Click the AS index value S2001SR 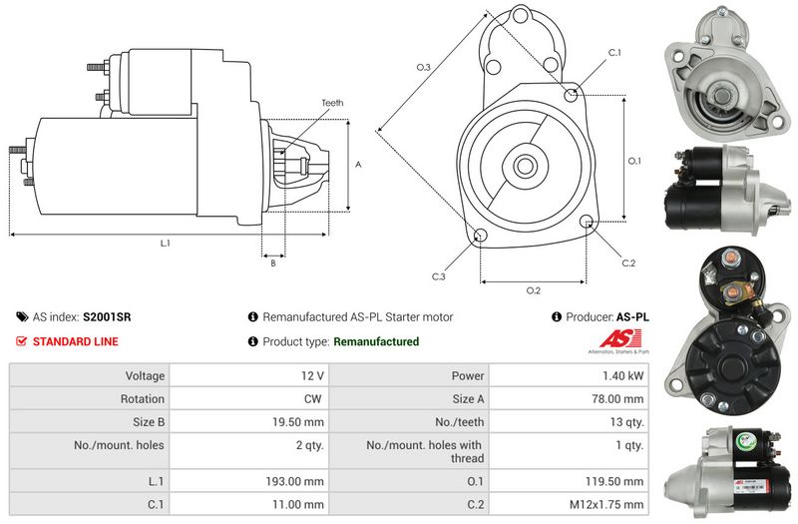point(107,316)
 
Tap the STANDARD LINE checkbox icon point(22,341)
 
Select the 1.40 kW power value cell point(624,376)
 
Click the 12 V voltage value point(311,376)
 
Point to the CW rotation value point(313,398)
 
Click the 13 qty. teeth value point(625,420)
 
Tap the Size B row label point(146,420)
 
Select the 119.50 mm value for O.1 point(617,481)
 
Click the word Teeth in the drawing point(332,103)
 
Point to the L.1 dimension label point(165,244)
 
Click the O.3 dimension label point(423,67)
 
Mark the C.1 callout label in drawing point(614,52)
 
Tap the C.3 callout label point(439,276)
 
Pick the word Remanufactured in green point(376,341)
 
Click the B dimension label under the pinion point(273,263)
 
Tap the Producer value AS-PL point(632,316)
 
